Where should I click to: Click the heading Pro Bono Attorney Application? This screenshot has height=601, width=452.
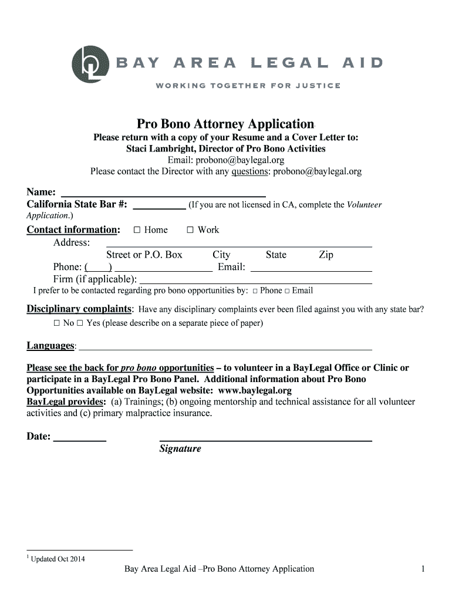tap(226, 124)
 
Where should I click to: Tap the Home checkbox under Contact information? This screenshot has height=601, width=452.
tap(137, 230)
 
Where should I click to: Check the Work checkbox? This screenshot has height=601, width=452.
tap(190, 230)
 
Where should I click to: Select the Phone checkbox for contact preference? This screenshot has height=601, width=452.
tap(255, 291)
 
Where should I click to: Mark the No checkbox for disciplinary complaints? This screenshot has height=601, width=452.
tap(57, 323)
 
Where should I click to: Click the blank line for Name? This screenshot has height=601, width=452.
tap(163, 193)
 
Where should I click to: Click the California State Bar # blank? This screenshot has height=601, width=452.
tap(159, 206)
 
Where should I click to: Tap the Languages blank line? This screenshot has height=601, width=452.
tap(225, 347)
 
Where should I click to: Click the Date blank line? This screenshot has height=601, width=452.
tap(79, 438)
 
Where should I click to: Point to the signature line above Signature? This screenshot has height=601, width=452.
tap(265, 438)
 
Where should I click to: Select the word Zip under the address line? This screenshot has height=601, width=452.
tap(326, 255)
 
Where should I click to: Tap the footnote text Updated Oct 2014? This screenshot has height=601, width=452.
tap(58, 559)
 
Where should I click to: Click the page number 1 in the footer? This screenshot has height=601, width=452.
tap(423, 569)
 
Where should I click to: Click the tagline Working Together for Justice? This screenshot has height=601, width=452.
tap(248, 86)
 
